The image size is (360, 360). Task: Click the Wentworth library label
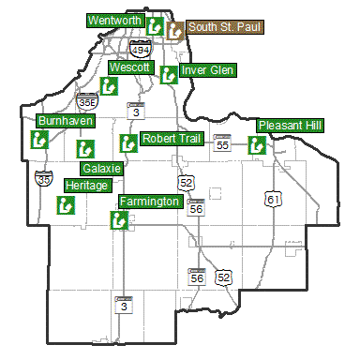coord(113,20)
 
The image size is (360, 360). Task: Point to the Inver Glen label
coord(209,70)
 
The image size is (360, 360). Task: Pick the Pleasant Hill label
coord(290,125)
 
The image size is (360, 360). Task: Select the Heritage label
coord(87,186)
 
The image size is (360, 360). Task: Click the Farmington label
coord(150,202)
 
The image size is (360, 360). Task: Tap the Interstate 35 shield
coord(43,177)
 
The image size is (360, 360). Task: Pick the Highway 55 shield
coord(222,143)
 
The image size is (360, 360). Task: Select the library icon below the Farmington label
coord(119,220)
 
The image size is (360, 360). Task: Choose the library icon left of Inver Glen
coord(169,74)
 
